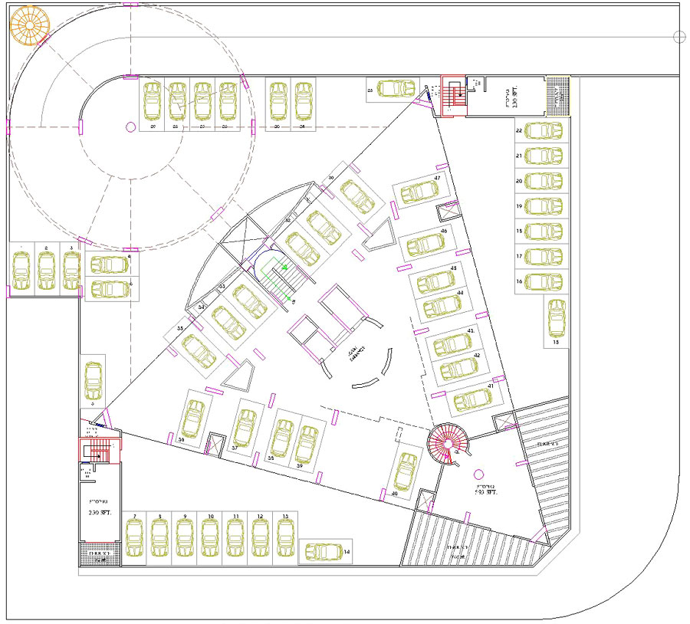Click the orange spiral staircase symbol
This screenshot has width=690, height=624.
pyautogui.click(x=29, y=28)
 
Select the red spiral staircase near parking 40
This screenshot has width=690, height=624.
pyautogui.click(x=447, y=442)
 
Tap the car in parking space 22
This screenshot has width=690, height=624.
pyautogui.click(x=544, y=130)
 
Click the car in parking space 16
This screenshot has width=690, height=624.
pyautogui.click(x=544, y=281)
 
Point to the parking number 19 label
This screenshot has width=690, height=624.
pyautogui.click(x=519, y=206)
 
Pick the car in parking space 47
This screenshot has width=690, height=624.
pyautogui.click(x=418, y=192)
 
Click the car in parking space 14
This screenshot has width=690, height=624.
pyautogui.click(x=325, y=551)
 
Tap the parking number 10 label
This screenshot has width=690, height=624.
pyautogui.click(x=209, y=517)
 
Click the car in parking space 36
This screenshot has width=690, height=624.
pyautogui.click(x=192, y=417)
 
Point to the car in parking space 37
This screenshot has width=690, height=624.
pyautogui.click(x=245, y=428)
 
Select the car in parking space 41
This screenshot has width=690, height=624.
pyautogui.click(x=472, y=399)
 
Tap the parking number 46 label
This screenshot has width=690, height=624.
pyautogui.click(x=444, y=231)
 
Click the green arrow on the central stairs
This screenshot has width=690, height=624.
pyautogui.click(x=284, y=268)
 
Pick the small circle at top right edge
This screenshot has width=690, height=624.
pyautogui.click(x=678, y=36)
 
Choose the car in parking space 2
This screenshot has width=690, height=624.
pyautogui.click(x=47, y=271)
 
